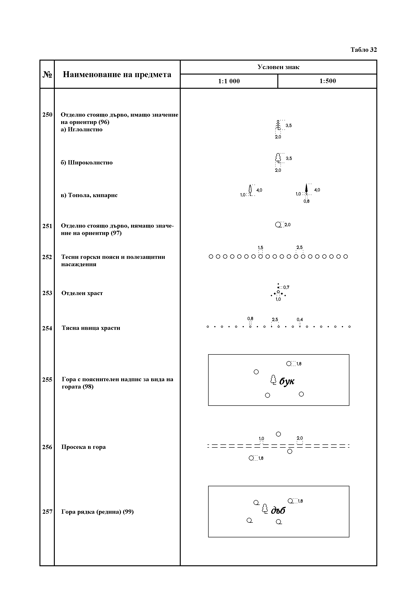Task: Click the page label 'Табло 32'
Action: [364, 50]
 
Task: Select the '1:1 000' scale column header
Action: [229, 81]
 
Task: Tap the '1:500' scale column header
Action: [327, 81]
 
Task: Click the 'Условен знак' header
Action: [278, 67]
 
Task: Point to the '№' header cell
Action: [47, 74]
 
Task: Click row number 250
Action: [47, 115]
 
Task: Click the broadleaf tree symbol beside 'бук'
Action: [273, 380]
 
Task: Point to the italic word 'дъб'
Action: [278, 510]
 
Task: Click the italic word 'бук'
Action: [287, 381]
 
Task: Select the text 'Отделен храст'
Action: [82, 293]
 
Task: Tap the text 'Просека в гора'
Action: [83, 447]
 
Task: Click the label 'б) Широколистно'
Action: [86, 163]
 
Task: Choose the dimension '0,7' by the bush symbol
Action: [286, 287]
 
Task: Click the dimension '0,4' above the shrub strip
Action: [300, 319]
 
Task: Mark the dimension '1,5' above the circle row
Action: [261, 247]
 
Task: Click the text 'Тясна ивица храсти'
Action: [91, 328]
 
